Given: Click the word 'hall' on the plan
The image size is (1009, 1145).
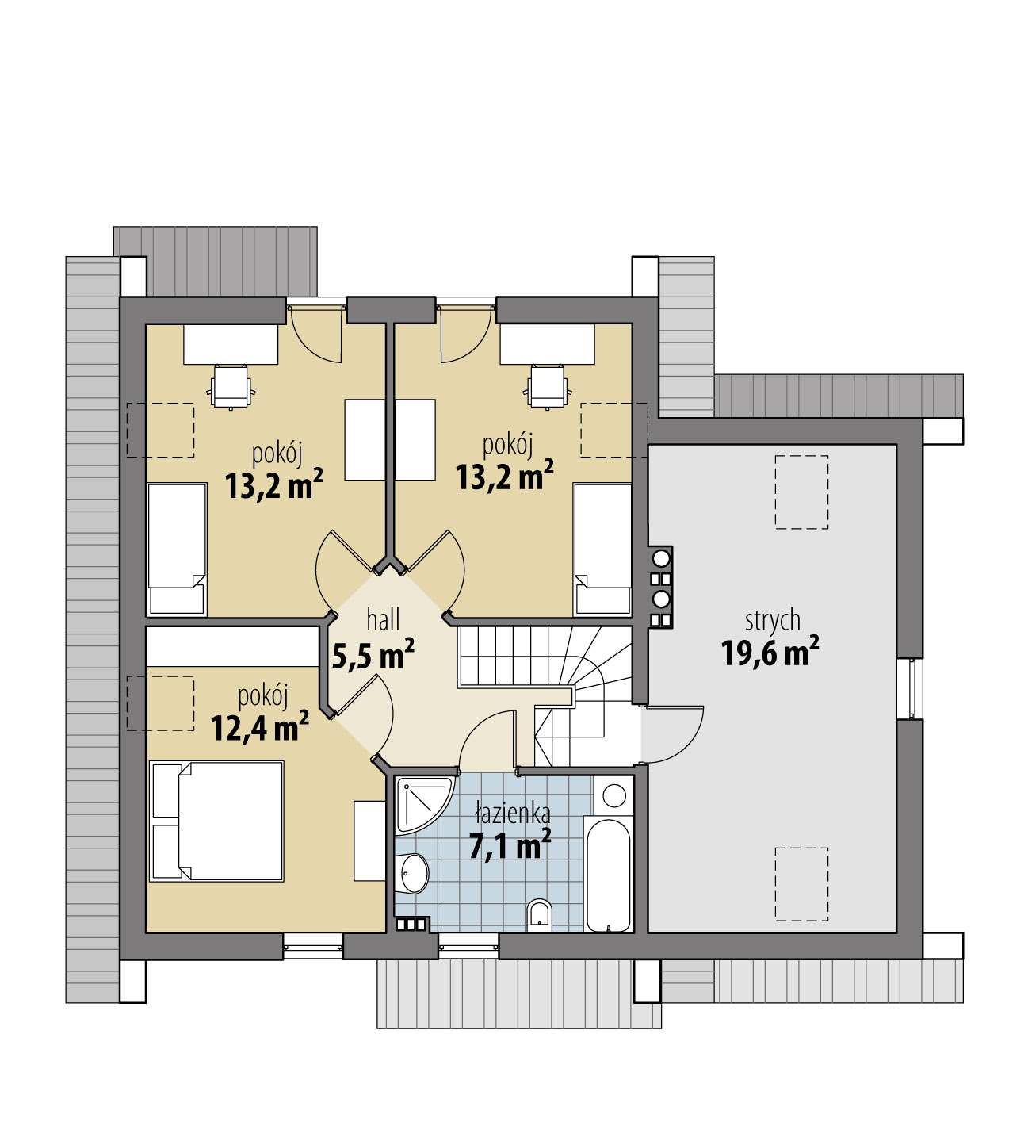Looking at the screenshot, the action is click(x=383, y=620).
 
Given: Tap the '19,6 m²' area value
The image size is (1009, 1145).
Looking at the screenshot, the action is click(x=770, y=652).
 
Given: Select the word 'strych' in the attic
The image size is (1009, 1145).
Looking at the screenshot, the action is click(x=772, y=621).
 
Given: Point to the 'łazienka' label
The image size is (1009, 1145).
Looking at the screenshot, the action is click(x=512, y=814).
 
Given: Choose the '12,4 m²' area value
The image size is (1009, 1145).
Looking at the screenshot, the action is click(x=259, y=726).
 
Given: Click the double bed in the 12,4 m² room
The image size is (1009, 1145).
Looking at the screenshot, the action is click(x=216, y=821).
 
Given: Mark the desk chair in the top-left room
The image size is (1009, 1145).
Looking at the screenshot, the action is click(x=231, y=387).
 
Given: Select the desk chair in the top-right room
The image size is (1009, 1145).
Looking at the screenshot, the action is click(x=548, y=387).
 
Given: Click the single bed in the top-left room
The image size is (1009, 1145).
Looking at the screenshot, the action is click(x=177, y=550).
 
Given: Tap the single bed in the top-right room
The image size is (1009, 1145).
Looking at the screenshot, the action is click(x=602, y=550).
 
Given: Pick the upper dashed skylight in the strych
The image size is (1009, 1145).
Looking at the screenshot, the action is click(x=801, y=492).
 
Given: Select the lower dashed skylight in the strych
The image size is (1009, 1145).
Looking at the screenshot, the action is click(x=801, y=884).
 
